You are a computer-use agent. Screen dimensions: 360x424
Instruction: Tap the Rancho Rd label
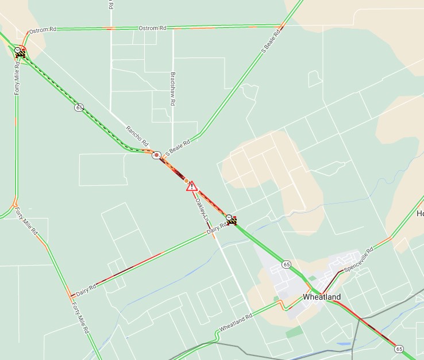point(137,135)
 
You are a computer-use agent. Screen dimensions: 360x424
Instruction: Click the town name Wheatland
point(322,297)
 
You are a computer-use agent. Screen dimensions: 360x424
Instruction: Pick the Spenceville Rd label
point(359,261)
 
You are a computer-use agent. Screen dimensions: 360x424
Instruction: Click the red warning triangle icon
point(191,186)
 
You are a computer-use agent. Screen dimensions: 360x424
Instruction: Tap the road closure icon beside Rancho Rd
point(156,155)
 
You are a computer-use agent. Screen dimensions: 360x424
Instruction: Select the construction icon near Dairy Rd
point(232,219)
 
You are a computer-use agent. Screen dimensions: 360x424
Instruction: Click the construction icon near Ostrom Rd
point(21,52)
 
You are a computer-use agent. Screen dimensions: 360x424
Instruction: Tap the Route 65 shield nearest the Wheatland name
point(287,264)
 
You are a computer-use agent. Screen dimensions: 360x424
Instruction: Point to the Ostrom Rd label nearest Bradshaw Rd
point(152,28)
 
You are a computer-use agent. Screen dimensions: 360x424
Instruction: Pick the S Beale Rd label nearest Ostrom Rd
point(270,44)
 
